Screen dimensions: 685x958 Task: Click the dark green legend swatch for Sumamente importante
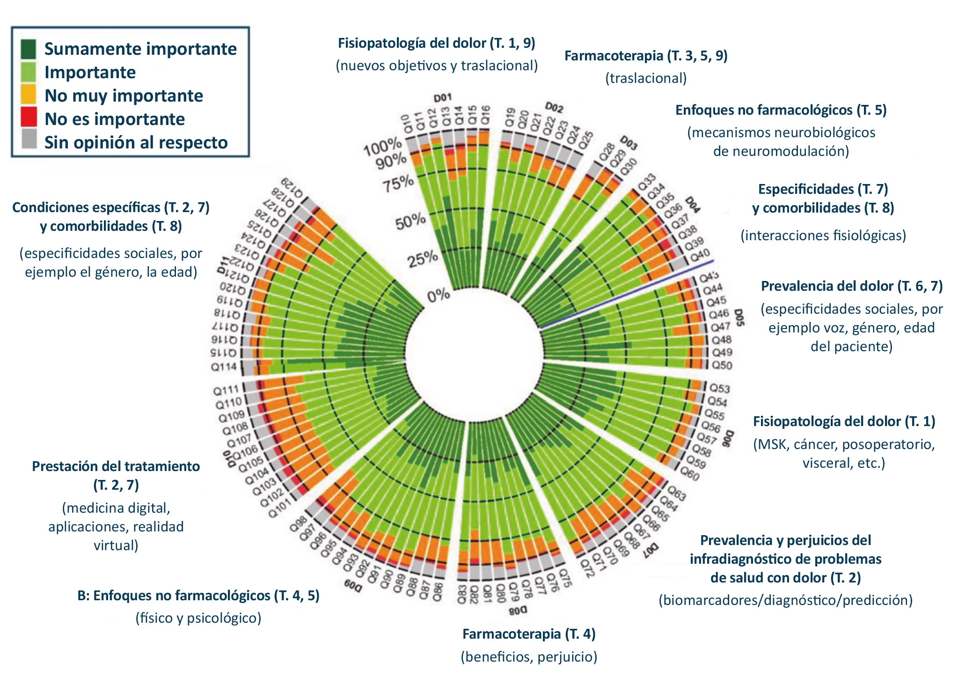coord(29,49)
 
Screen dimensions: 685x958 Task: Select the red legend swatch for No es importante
coord(29,117)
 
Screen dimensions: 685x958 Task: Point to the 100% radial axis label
coord(383,147)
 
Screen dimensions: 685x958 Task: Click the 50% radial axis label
coord(410,221)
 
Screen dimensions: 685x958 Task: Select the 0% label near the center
coord(439,295)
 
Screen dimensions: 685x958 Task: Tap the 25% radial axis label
coord(423,259)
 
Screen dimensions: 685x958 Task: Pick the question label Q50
coord(722,365)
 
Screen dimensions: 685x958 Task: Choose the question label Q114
coord(224,367)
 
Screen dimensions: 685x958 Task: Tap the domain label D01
coord(442,98)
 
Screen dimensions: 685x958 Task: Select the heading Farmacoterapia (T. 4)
coord(529,634)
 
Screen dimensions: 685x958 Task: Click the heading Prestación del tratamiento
coord(116,466)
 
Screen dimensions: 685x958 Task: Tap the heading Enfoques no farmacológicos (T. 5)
coord(781,110)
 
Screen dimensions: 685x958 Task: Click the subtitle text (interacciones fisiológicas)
coord(823,235)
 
